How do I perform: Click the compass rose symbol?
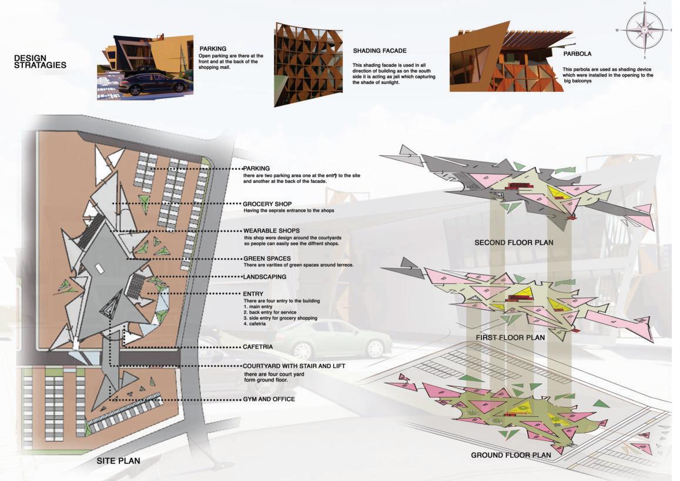(x=644, y=30)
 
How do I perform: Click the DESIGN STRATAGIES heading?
(x=40, y=62)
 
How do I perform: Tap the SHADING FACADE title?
(x=380, y=51)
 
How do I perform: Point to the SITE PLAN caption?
(x=118, y=460)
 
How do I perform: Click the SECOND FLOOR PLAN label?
(x=514, y=242)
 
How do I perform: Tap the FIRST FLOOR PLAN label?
(x=510, y=338)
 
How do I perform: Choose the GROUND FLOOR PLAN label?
(x=511, y=455)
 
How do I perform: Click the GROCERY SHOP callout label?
(x=267, y=204)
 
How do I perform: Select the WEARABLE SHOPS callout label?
(x=271, y=231)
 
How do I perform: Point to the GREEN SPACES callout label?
(x=267, y=258)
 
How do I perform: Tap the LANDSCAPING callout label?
(x=264, y=276)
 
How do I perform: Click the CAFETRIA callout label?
(x=257, y=347)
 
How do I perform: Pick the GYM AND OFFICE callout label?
(x=269, y=399)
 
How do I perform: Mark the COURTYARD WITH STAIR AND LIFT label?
(x=294, y=366)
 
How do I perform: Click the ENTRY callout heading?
(x=253, y=293)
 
